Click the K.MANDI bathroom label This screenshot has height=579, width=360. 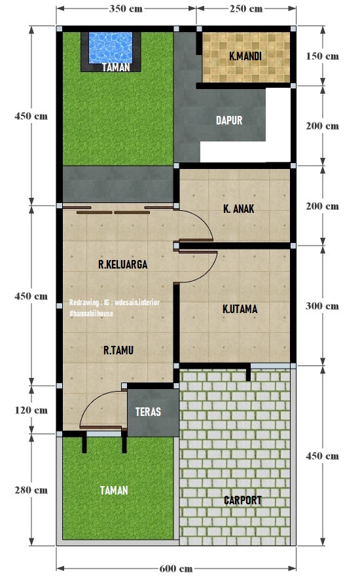click(x=245, y=57)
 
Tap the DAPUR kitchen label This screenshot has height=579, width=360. click(x=229, y=121)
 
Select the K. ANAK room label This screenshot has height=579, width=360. click(x=238, y=209)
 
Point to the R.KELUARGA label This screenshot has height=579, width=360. click(x=122, y=265)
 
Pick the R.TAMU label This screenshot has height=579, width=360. click(x=118, y=350)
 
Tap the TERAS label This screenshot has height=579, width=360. click(x=148, y=413)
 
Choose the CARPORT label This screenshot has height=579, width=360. click(x=243, y=500)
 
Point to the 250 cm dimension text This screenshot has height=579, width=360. click(x=246, y=9)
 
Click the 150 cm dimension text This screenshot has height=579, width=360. click(x=322, y=56)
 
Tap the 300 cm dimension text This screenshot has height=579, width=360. click(x=322, y=306)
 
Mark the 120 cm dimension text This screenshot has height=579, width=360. click(x=31, y=411)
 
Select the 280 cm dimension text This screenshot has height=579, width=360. click(x=31, y=490)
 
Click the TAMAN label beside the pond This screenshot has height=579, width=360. click(x=116, y=67)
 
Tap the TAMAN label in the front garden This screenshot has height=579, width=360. click(x=114, y=490)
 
